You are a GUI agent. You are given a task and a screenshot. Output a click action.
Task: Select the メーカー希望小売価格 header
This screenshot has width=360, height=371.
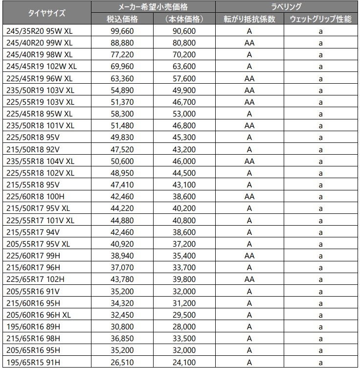coord(154,7)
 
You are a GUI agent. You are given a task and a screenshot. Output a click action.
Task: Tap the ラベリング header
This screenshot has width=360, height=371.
coord(286,7)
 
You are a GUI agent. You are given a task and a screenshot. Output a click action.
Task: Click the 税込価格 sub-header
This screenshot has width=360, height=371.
coord(122,19)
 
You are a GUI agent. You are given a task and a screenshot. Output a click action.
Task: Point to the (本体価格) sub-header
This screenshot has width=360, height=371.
coord(184,19)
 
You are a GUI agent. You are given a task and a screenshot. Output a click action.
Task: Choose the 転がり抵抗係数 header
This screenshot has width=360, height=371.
coord(249,19)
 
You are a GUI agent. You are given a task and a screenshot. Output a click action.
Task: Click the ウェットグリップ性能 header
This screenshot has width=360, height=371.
coord(320,19)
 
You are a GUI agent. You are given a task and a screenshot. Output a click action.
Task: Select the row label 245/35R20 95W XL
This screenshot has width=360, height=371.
coord(40,31)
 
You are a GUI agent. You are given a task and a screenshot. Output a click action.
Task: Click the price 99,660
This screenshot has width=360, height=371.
coord(122,31)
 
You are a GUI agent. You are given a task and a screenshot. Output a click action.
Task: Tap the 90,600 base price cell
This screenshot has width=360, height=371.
coord(184,31)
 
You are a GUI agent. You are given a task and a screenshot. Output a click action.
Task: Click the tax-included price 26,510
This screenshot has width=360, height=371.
coord(122,362)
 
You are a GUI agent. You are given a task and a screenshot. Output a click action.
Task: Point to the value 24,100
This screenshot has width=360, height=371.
coord(184,362)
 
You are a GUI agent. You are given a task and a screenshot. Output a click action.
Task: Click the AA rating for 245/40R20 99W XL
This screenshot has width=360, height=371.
coord(249,43)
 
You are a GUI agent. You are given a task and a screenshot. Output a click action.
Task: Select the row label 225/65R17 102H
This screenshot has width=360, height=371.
coord(35,279)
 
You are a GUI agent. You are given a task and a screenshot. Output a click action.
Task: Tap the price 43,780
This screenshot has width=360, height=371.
coord(122,279)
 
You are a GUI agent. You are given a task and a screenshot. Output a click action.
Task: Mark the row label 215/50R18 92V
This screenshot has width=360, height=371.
coord(33,149)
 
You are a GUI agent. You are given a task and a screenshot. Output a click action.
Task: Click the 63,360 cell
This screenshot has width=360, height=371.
coord(122,78)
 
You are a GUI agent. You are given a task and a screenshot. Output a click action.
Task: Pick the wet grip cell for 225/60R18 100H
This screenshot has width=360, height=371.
coord(320,196)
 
